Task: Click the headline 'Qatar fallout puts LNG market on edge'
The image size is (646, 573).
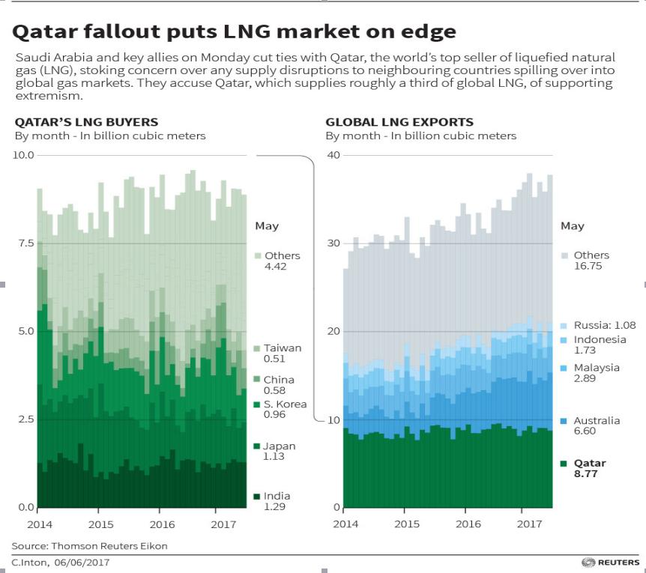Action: point(234,31)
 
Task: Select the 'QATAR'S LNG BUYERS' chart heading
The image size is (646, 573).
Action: point(86,122)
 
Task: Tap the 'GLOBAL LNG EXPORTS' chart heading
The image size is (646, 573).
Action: point(399,122)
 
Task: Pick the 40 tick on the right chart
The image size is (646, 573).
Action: point(332,155)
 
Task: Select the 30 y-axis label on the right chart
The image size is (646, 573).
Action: point(332,243)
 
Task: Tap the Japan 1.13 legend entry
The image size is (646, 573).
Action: point(278,452)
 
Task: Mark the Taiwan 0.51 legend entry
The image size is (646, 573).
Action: point(282,354)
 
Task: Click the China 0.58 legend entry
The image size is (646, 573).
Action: point(278,385)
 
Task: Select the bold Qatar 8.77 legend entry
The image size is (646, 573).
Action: point(589,468)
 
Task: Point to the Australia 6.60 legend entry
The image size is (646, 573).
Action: point(596,426)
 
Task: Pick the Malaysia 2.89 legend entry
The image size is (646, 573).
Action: point(596,373)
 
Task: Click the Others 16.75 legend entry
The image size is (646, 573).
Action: point(591,261)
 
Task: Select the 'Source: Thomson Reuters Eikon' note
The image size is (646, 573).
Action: point(89,546)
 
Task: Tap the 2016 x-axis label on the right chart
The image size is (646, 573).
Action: point(468,524)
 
